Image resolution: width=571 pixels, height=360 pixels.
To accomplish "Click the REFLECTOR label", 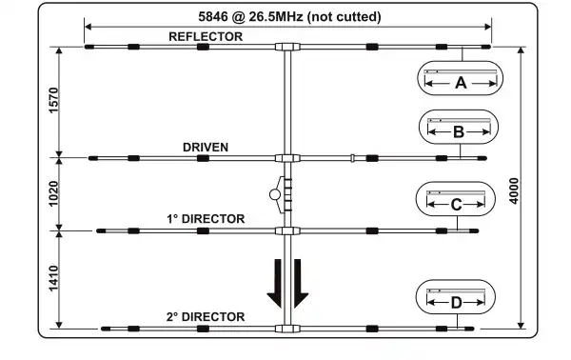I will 206,36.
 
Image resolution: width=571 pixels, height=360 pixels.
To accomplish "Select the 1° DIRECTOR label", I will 207,219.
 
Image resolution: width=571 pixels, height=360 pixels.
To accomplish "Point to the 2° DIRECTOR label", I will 207,317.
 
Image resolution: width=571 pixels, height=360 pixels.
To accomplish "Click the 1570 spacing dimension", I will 53,101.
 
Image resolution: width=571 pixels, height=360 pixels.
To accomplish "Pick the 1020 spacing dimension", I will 53,193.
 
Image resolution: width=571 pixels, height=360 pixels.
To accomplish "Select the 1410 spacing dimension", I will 53,278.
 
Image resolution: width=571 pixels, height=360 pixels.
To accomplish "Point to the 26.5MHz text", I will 274,16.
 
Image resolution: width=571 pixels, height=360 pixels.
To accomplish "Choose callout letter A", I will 461,83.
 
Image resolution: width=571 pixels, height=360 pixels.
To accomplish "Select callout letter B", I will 458,132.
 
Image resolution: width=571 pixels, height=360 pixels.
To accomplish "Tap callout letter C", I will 456,204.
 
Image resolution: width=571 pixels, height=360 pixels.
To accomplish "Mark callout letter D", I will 456,303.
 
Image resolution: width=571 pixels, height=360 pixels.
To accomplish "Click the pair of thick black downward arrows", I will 286,283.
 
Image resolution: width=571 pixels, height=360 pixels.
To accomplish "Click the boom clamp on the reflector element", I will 286,46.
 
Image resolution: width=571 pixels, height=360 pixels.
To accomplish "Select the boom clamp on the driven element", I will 286,158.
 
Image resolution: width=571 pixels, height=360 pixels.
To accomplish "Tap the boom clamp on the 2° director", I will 286,329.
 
